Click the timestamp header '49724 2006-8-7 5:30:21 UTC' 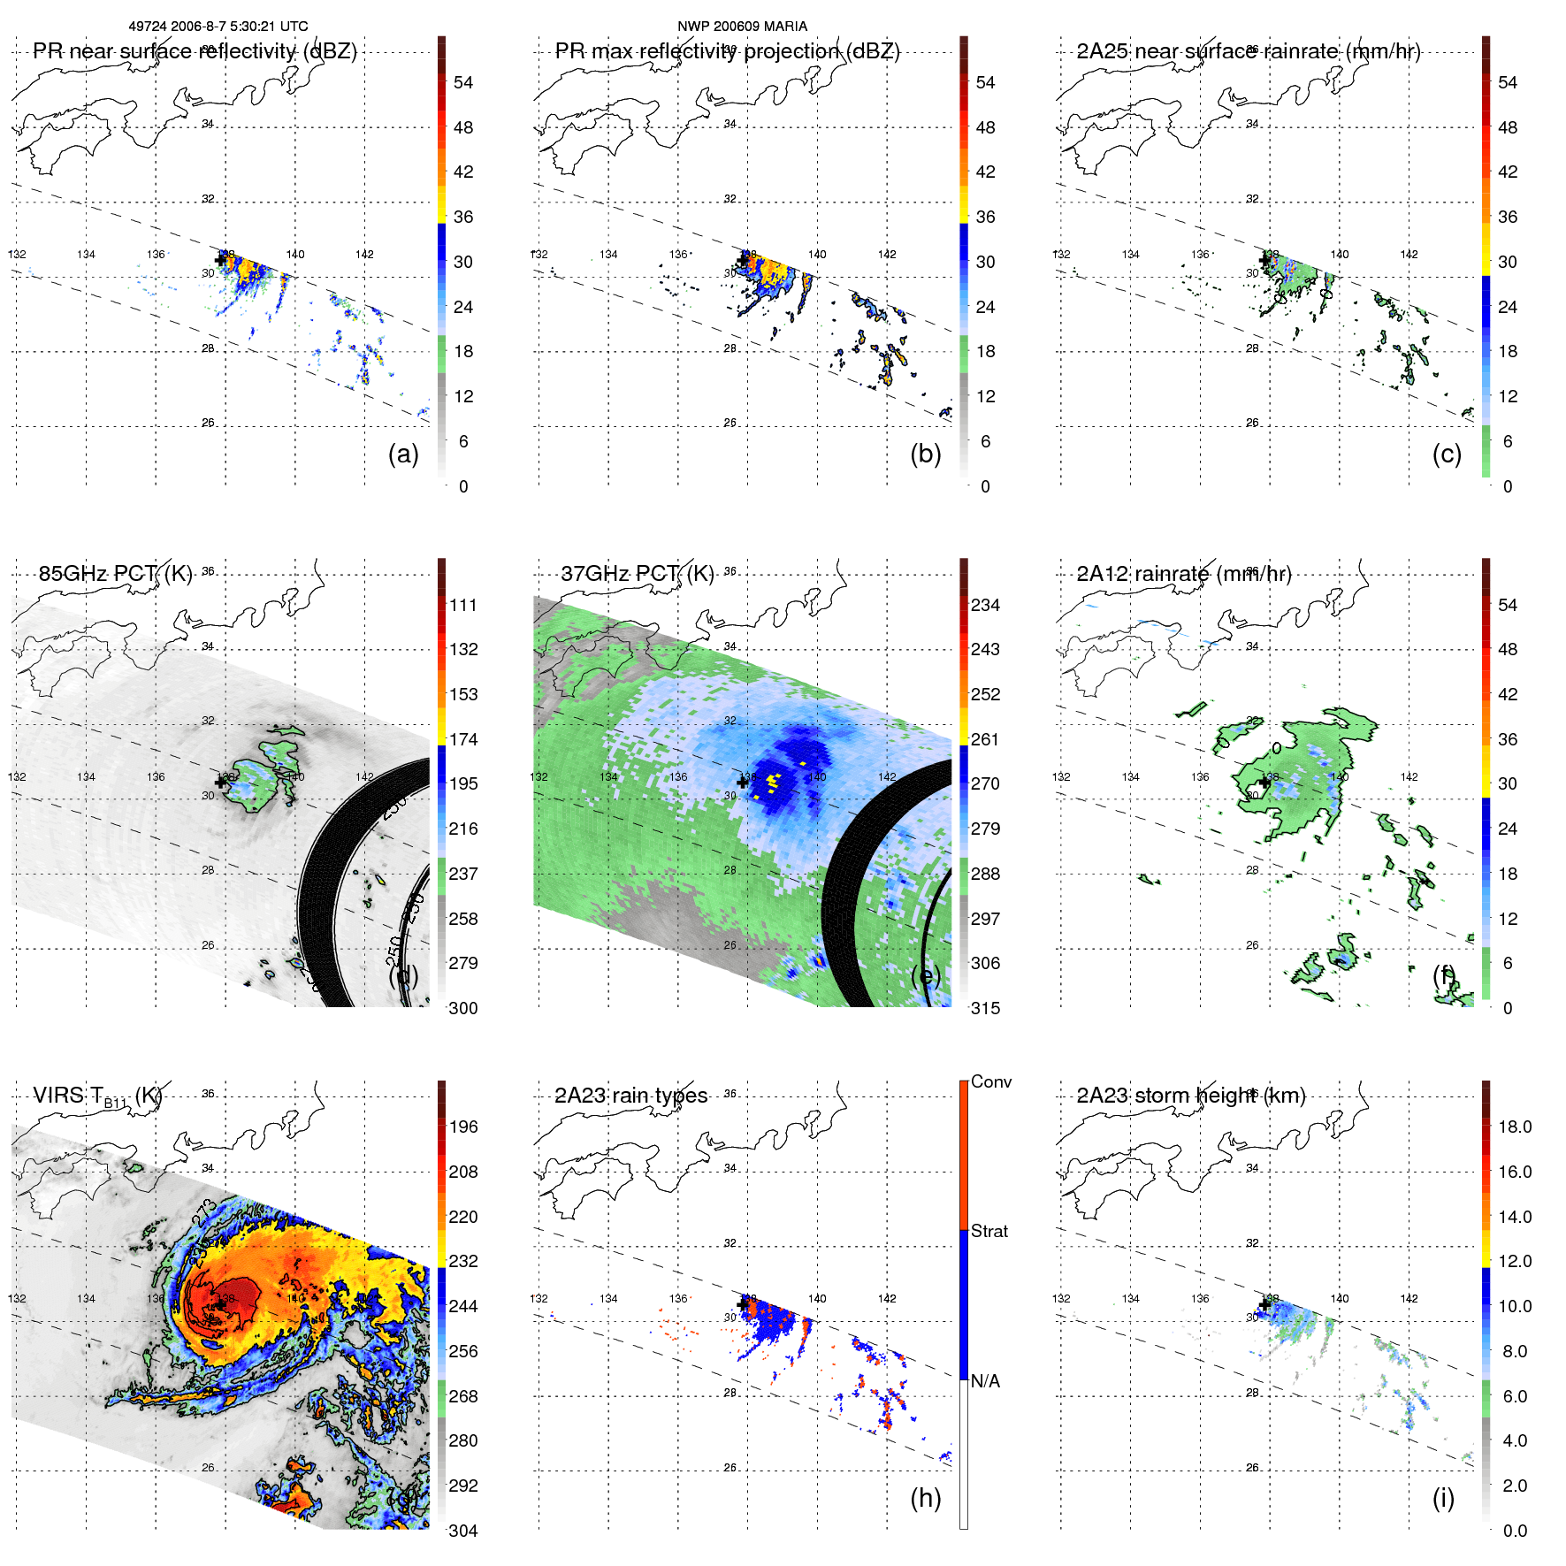point(218,27)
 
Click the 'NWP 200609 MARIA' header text point(742,27)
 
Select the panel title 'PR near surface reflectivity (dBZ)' point(195,51)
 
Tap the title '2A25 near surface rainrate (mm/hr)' point(1248,51)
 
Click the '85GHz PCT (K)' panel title point(115,574)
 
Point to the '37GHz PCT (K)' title point(637,574)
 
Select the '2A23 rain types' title point(630,1096)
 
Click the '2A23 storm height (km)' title point(1190,1096)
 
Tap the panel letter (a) point(403,454)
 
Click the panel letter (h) point(925,1498)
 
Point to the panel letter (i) point(1443,1498)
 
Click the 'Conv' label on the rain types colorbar point(990,1081)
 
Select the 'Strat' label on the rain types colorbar point(989,1231)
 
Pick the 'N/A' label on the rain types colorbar point(985,1381)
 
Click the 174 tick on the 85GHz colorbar point(463,739)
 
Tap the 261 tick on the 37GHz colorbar point(985,739)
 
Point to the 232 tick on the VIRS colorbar point(463,1261)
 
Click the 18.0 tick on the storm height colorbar point(1514,1127)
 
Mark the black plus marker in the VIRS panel point(220,1304)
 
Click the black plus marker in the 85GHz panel point(220,783)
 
